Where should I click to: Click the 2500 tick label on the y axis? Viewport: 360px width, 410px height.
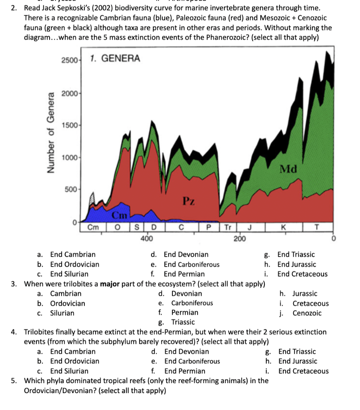point(70,60)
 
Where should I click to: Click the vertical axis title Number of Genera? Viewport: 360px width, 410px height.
point(51,133)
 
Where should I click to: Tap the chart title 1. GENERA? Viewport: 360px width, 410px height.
point(115,58)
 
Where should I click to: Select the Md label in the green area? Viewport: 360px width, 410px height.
point(288,169)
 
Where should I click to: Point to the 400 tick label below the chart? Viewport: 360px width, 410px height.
point(146,239)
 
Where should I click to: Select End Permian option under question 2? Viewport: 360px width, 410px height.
point(184,274)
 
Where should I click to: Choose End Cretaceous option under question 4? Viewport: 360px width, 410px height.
point(303,371)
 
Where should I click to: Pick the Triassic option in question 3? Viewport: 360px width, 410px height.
point(183,322)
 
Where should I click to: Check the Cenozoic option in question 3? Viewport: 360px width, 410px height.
point(306,313)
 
